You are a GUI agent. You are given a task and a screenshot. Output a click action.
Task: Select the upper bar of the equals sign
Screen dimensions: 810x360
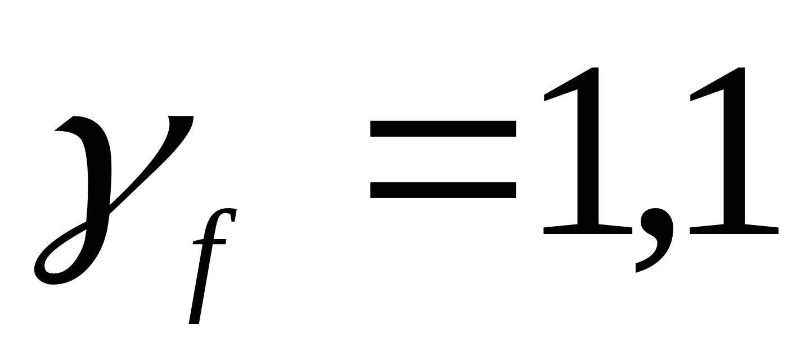coord(443,129)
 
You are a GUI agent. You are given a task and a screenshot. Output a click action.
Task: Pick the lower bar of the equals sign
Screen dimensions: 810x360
coord(443,190)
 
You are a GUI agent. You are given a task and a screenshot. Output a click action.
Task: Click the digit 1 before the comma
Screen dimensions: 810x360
coord(588,152)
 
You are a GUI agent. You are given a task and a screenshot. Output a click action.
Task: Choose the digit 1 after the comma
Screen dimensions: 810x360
coord(734,152)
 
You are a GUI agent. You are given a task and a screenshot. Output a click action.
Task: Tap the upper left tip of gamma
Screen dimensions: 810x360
coord(55,130)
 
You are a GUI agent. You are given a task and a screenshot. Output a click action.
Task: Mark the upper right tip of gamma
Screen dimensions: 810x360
coord(192,117)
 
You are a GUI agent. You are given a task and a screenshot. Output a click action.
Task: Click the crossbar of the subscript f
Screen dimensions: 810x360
coord(209,242)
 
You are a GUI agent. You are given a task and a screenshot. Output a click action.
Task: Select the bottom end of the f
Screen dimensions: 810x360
coord(194,323)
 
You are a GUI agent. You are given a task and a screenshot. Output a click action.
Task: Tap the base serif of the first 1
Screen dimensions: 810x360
coord(588,230)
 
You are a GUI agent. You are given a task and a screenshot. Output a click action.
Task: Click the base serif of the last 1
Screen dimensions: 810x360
coord(734,230)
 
